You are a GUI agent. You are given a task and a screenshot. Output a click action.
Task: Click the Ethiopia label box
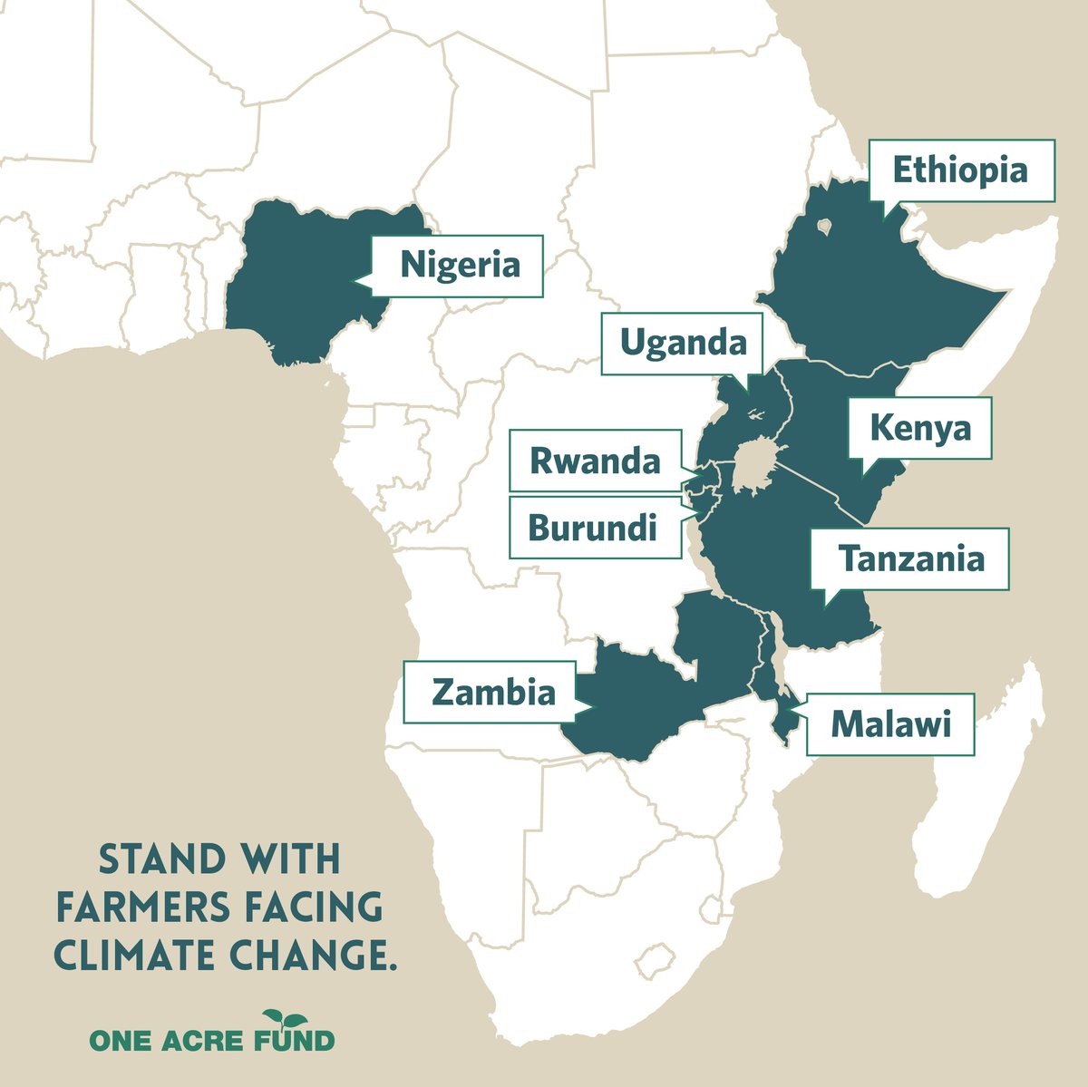coord(962,170)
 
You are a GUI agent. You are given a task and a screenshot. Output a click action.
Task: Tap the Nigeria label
coord(460,267)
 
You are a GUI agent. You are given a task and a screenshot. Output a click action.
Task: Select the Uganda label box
coord(683,343)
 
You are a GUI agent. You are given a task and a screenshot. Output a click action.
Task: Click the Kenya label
coord(919,427)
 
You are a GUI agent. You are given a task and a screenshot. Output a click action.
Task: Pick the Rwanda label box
coord(595,461)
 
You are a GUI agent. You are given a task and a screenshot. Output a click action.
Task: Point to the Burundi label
coord(592,527)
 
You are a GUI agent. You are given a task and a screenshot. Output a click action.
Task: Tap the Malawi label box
coord(890,724)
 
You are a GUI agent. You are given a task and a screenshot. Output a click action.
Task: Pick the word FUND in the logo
coord(298,1040)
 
